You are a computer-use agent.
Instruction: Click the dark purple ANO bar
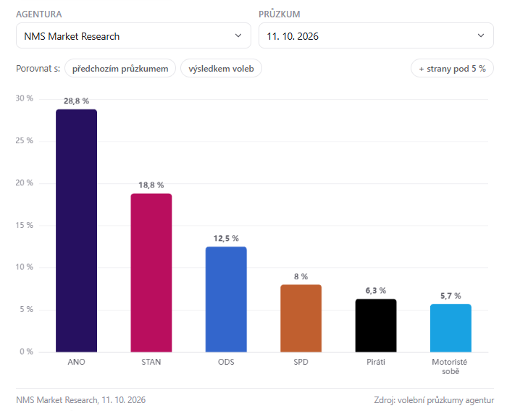pos(76,230)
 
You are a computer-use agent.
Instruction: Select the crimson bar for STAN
pos(151,273)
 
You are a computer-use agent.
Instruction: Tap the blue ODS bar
pos(226,299)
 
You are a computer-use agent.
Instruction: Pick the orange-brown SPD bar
pos(301,318)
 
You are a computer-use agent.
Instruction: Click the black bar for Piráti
pos(376,326)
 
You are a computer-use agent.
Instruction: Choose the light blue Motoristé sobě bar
pos(451,328)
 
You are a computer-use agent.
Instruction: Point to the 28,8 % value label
pos(76,101)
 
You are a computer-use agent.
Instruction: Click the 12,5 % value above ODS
pos(226,239)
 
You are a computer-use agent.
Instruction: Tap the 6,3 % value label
pos(376,291)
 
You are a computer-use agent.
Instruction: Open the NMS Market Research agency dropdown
pos(133,35)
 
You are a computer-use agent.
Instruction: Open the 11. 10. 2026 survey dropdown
pos(376,35)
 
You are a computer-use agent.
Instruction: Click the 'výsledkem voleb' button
pos(221,68)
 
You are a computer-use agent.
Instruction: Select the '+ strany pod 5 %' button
pos(452,68)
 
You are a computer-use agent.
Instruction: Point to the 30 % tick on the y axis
pos(24,98)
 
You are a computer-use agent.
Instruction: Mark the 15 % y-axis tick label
pos(24,225)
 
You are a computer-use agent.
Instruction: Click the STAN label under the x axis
pos(151,362)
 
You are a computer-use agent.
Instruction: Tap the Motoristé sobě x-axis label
pos(450,366)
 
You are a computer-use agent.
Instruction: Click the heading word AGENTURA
pos(39,14)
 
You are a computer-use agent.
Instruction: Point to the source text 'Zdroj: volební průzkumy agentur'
pos(434,400)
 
